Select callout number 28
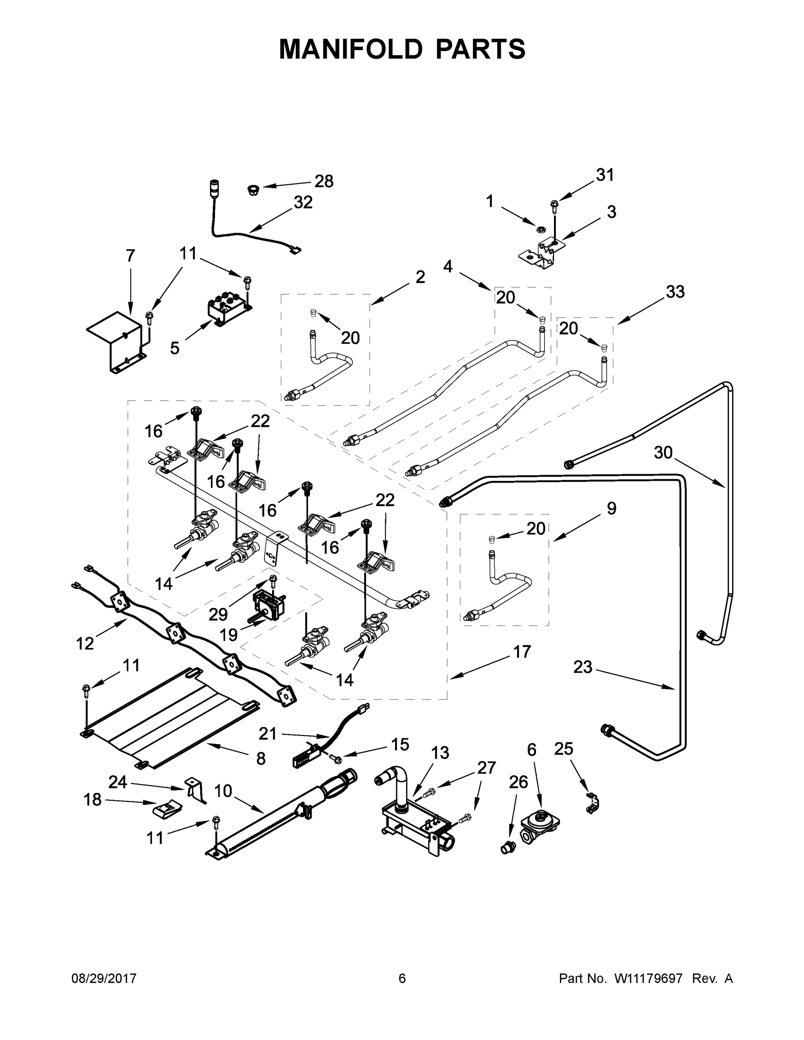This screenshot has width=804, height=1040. point(324,182)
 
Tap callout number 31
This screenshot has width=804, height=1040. point(605,175)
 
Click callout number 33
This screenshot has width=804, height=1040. point(675,292)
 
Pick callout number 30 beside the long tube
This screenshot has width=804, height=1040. point(663,452)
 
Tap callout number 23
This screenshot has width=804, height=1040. point(583,667)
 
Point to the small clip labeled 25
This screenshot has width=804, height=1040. point(592,804)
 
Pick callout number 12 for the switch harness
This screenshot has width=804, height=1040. point(85,644)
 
